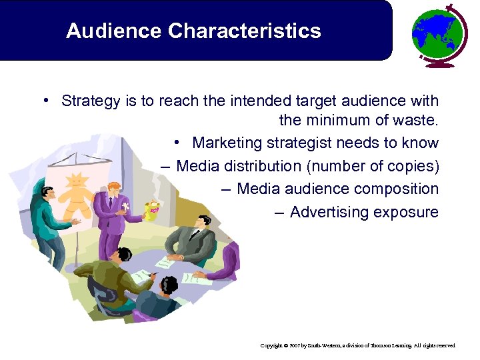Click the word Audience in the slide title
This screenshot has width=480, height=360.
tap(114, 31)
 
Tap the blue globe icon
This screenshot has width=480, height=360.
tap(437, 33)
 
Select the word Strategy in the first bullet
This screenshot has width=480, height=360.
tap(89, 101)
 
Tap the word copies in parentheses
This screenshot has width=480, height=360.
tap(413, 166)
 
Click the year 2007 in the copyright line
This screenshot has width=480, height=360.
tap(294, 346)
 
